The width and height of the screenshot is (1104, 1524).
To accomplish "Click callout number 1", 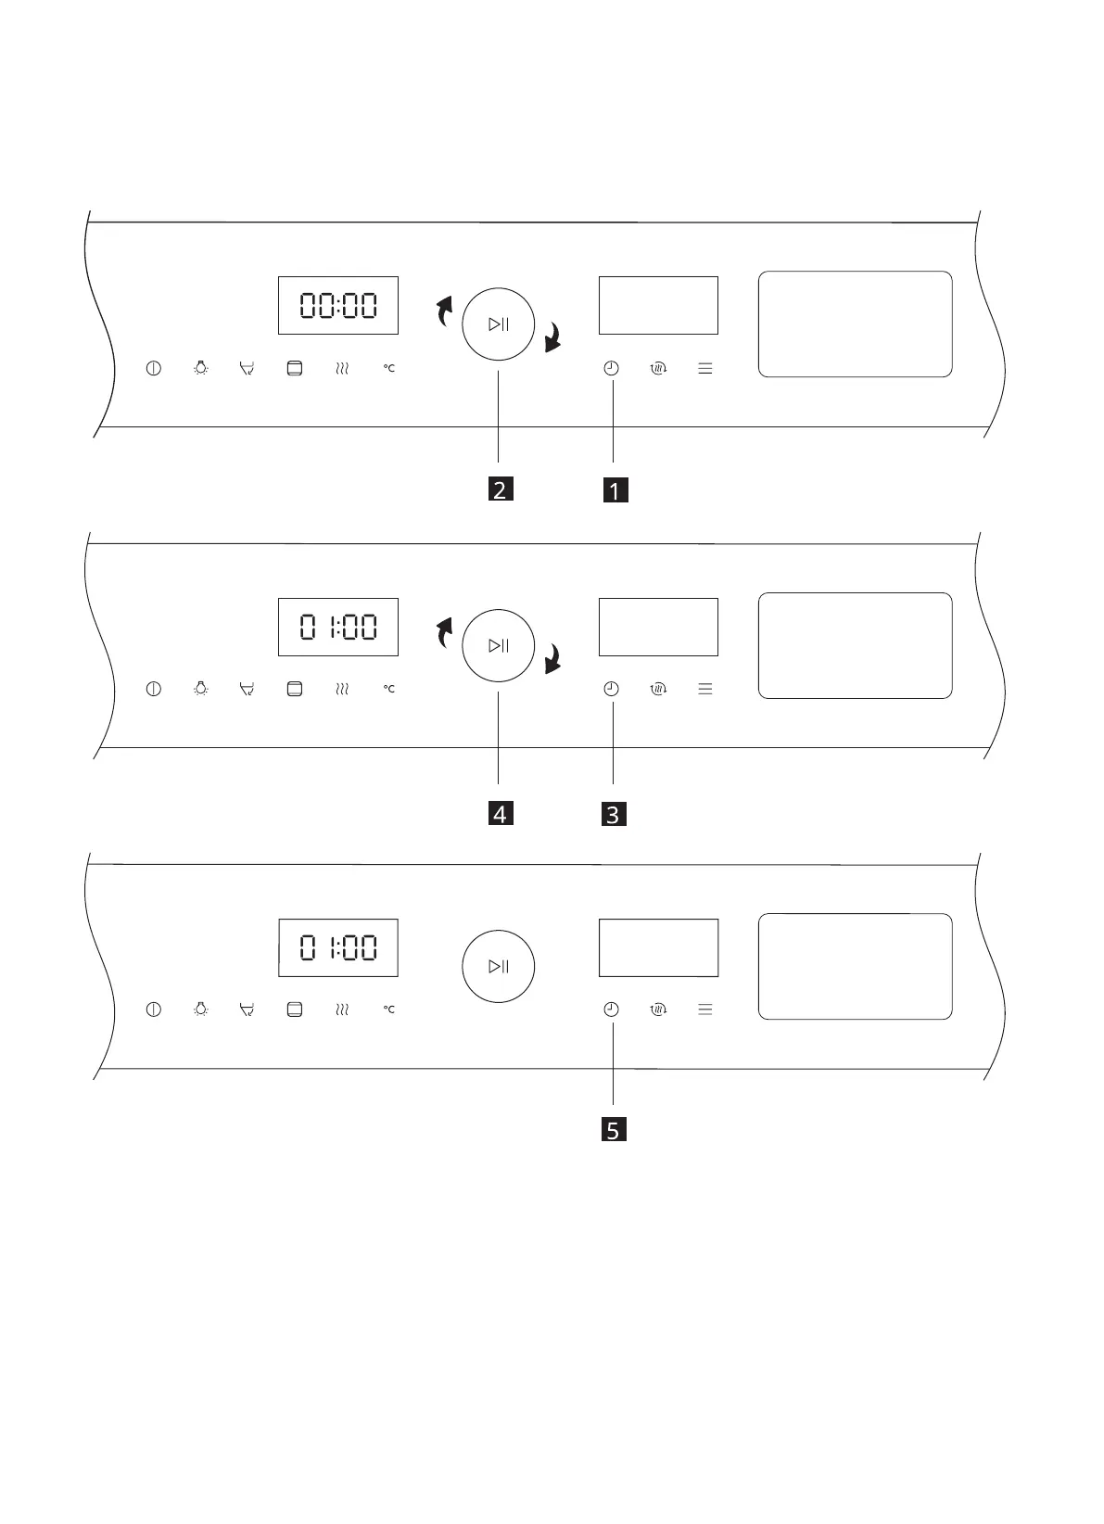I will click(x=614, y=489).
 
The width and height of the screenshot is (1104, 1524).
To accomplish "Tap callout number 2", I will click(x=499, y=489).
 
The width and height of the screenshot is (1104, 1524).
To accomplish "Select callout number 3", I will click(x=613, y=815).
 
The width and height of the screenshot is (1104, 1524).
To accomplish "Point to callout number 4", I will click(x=499, y=814).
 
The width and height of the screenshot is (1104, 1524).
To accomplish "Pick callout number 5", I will click(x=613, y=1130).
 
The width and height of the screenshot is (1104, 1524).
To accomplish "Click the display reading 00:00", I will click(x=338, y=305).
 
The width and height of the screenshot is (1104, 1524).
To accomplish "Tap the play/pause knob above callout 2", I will click(x=499, y=324).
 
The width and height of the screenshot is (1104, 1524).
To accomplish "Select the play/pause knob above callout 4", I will click(x=499, y=645).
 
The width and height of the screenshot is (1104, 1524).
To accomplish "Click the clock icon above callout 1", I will click(x=611, y=368).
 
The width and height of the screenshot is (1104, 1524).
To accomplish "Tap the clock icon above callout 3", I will click(x=611, y=689).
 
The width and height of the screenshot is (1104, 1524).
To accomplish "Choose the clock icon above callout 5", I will click(x=611, y=1010).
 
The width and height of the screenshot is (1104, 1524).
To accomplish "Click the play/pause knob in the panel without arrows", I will click(x=499, y=966).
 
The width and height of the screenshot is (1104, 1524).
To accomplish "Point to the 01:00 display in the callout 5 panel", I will click(x=338, y=947).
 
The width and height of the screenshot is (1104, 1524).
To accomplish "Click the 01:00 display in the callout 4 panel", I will click(x=338, y=627).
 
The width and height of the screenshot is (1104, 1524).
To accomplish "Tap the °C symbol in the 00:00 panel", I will click(x=389, y=368).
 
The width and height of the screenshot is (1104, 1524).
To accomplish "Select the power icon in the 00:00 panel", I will click(x=154, y=368).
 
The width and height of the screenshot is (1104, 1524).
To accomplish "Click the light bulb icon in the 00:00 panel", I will click(x=200, y=368).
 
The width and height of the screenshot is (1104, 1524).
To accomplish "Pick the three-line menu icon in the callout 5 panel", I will click(x=705, y=1010).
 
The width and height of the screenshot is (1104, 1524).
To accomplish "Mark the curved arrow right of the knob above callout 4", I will click(x=553, y=659).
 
